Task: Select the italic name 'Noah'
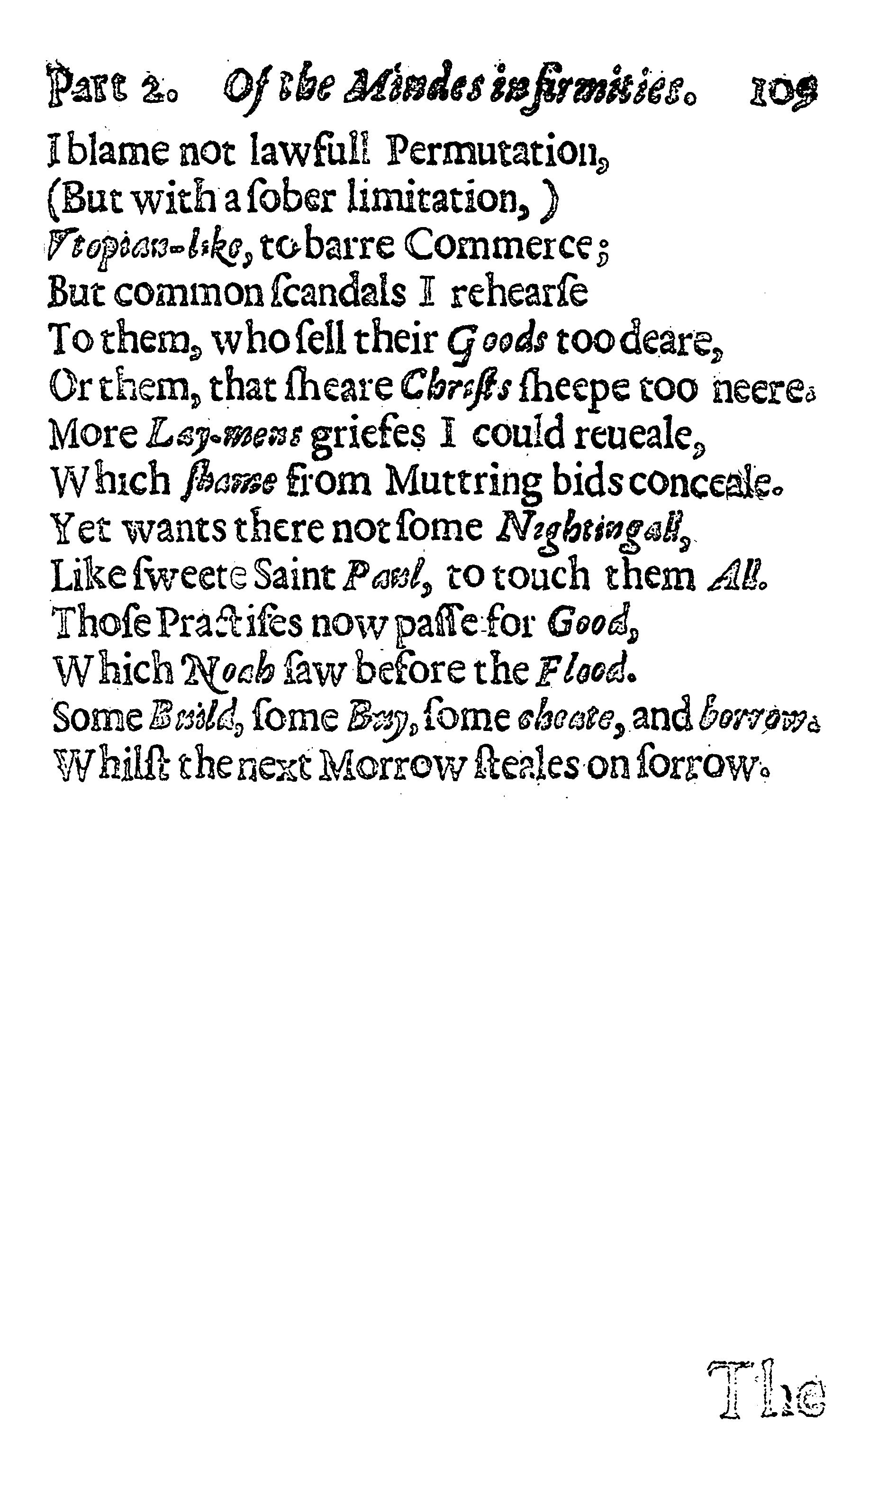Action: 227,670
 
